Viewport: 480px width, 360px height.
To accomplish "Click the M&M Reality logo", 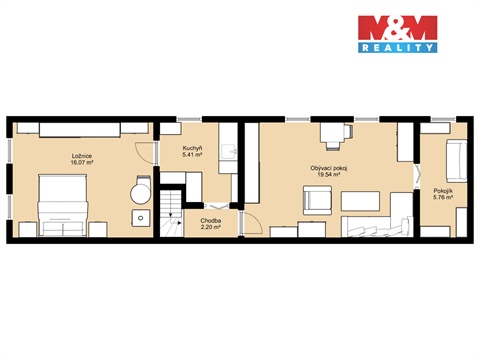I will (397, 34).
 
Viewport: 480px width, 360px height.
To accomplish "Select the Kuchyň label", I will (193, 149).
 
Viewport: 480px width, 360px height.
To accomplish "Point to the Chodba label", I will (210, 220).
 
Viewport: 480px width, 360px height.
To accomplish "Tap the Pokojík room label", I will (442, 190).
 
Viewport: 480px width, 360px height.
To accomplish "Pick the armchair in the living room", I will (318, 200).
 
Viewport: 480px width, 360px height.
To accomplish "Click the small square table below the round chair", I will (138, 217).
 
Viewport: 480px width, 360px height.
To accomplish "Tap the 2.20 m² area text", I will (210, 227).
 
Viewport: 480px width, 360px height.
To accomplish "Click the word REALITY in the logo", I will (397, 47).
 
